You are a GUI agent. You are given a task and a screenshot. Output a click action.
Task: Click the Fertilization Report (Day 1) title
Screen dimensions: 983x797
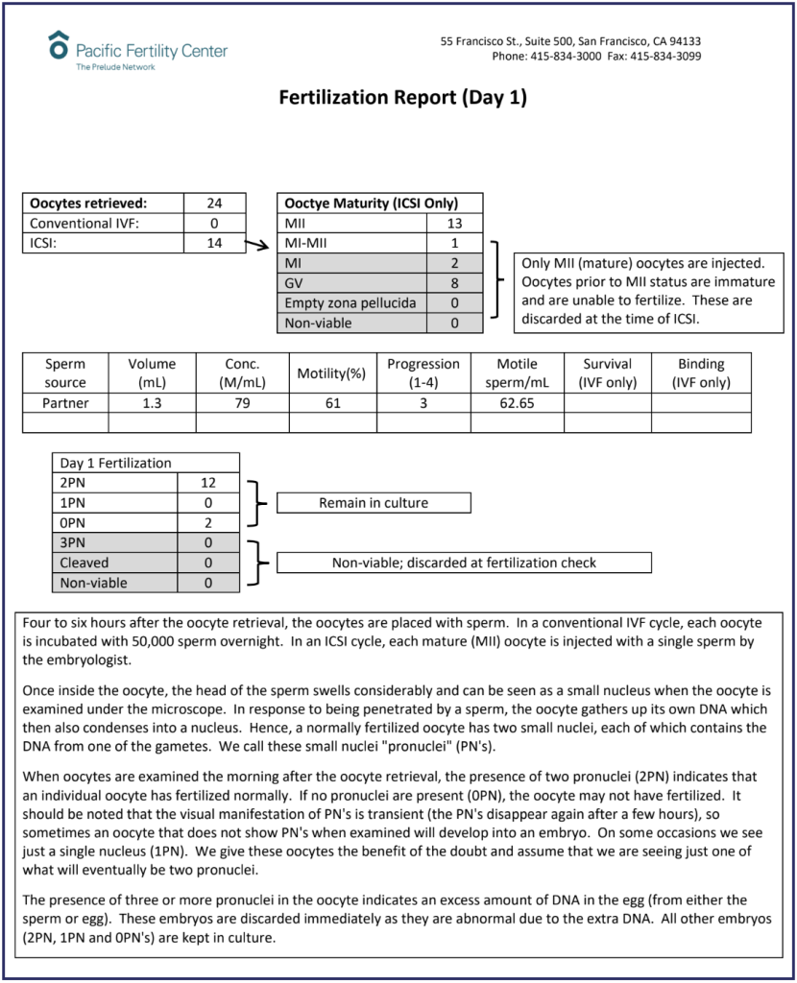402,98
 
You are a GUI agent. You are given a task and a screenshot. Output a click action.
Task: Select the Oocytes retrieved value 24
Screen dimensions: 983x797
215,203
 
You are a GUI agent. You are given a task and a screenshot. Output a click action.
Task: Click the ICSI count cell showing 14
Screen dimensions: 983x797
215,243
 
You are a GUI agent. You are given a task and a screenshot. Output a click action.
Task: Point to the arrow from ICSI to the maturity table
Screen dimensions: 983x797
256,246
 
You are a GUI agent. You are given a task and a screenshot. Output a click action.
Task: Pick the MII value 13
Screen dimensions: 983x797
454,223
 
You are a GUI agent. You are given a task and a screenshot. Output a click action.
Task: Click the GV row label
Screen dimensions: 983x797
294,283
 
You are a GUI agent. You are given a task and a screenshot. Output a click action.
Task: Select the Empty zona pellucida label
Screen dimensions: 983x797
350,303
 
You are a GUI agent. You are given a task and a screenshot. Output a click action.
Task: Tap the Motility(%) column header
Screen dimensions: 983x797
332,372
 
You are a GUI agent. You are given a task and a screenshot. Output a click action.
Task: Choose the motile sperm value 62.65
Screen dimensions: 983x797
518,403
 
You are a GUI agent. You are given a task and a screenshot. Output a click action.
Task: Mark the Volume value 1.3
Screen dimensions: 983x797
152,403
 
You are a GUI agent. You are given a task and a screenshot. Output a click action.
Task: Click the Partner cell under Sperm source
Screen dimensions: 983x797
65,403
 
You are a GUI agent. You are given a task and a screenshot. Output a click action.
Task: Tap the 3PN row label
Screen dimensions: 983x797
73,542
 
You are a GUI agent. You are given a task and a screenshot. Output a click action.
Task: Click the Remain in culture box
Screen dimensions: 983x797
374,502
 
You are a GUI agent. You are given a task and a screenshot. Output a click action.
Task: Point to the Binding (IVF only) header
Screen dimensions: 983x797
701,372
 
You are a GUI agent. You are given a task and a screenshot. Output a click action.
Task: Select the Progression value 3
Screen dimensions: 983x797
423,403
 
